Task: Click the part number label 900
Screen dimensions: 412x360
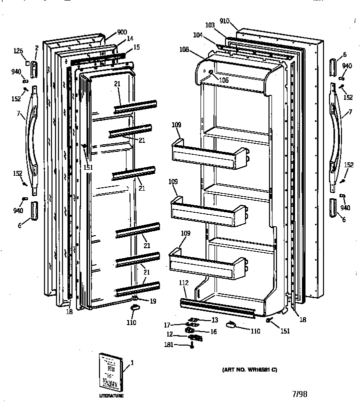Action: [122, 32]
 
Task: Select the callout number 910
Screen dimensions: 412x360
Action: [224, 21]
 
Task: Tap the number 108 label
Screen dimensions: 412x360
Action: [184, 49]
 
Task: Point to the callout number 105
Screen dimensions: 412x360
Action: [223, 80]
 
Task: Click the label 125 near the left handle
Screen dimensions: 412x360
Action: [18, 50]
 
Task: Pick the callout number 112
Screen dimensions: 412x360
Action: [183, 283]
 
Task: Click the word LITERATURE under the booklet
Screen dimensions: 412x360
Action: [111, 396]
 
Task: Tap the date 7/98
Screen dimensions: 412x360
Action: [299, 394]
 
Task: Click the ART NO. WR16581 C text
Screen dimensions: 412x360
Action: [249, 370]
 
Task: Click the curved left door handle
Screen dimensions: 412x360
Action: [29, 141]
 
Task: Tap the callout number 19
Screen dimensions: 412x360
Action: [153, 301]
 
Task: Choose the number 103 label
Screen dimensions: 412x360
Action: [209, 24]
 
